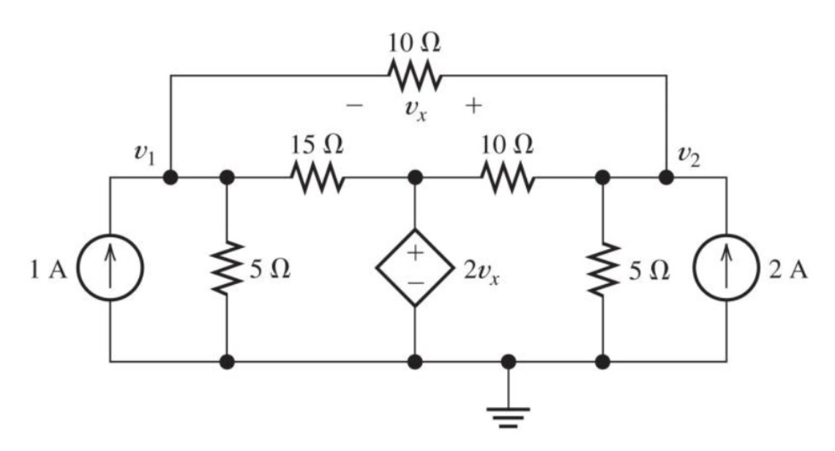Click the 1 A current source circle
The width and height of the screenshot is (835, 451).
click(x=111, y=270)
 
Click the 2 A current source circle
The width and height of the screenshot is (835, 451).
click(x=727, y=270)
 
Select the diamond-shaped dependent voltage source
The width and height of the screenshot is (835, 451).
click(x=415, y=270)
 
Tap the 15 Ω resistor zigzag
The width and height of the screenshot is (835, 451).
click(x=316, y=177)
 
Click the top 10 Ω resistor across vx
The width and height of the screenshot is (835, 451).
click(x=414, y=75)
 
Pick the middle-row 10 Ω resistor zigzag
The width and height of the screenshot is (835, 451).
click(x=507, y=177)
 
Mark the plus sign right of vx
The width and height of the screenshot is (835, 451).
click(x=473, y=107)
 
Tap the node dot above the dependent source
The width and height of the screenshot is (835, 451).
click(x=415, y=177)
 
